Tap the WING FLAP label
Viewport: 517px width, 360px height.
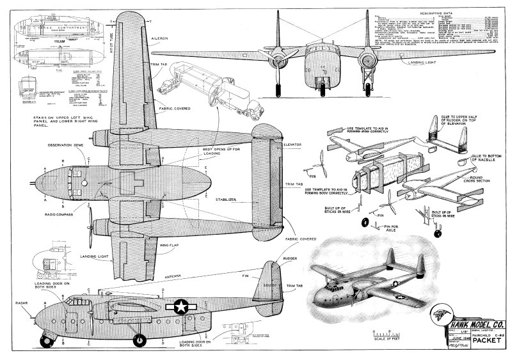click(x=159, y=244)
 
